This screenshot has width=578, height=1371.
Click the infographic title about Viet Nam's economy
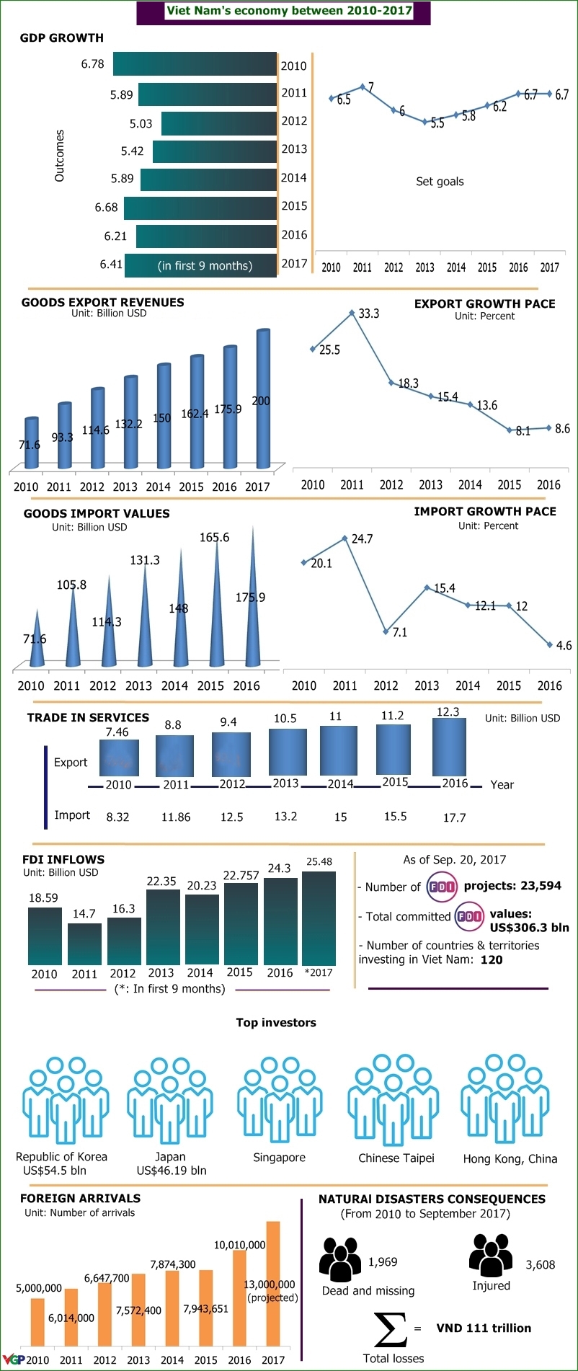(x=289, y=11)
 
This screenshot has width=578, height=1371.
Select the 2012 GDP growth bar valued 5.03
(x=219, y=123)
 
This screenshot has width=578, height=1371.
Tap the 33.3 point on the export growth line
(x=352, y=313)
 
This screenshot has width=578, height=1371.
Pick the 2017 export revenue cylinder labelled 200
(x=263, y=400)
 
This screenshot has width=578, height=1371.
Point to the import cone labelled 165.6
(x=216, y=605)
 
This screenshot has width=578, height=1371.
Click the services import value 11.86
(x=176, y=817)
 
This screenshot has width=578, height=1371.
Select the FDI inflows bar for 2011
(x=84, y=944)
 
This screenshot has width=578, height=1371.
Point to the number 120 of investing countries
(x=492, y=960)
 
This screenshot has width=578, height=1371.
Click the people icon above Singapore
(x=280, y=1099)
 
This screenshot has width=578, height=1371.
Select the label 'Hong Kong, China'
(x=510, y=1159)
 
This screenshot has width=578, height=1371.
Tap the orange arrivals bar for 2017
(x=273, y=1284)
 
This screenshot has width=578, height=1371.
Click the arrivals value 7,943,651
(x=205, y=1308)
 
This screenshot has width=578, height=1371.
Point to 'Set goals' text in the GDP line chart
(x=440, y=182)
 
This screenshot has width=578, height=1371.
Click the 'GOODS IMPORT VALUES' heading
(x=97, y=514)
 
